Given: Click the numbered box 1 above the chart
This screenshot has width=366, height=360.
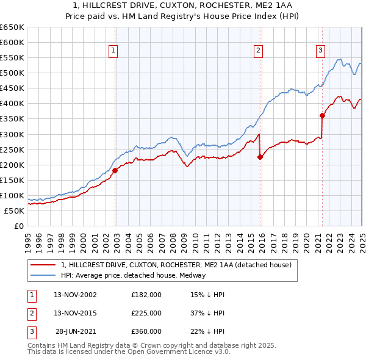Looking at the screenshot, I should tap(114, 51).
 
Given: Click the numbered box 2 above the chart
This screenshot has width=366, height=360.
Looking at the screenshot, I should tap(259, 51).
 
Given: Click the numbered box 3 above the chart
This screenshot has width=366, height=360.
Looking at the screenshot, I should tap(321, 51).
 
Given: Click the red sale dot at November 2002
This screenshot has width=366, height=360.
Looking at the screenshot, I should tap(115, 170).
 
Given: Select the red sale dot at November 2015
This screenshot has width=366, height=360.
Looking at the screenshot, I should tap(260, 157).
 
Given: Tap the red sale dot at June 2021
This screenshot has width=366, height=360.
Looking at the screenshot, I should tap(323, 115).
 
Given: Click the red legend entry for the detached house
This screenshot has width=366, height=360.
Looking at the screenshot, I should tap(176, 265).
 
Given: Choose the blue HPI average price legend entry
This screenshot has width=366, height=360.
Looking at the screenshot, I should tap(133, 275).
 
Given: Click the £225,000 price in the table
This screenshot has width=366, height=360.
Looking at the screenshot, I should tap(146, 313).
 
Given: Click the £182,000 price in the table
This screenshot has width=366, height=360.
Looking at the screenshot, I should tap(146, 295).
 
